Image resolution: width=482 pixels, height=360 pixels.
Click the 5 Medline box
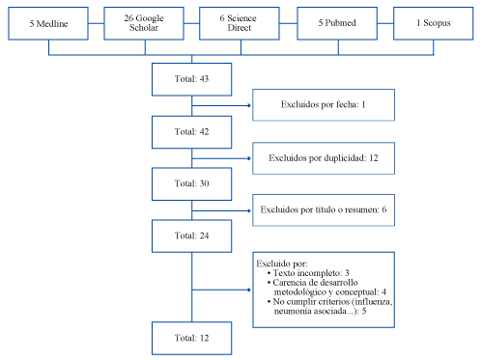[x=48, y=23]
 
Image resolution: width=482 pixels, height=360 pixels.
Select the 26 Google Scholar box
[x=144, y=23]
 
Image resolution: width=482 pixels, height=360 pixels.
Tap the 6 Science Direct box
[x=240, y=23]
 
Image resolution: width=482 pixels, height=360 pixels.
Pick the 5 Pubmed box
[x=337, y=23]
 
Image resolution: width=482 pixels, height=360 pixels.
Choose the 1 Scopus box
[x=434, y=23]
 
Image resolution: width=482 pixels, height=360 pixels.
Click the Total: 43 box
[x=191, y=79]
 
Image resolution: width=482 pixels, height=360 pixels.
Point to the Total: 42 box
[x=191, y=132]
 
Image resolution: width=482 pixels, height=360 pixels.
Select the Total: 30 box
[x=191, y=183]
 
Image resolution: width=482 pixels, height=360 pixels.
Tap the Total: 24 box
[x=191, y=235]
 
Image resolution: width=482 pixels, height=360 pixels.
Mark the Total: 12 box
[x=191, y=338]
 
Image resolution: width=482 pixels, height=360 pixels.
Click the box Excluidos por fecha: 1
[x=324, y=105]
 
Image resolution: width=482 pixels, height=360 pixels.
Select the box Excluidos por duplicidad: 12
[x=324, y=158]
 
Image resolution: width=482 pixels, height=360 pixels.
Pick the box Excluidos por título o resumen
[x=324, y=210]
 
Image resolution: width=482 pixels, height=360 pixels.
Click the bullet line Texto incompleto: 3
[x=308, y=273]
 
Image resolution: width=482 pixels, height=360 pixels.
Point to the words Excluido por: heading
[x=282, y=263]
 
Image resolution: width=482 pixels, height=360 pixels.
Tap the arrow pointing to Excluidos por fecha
[x=221, y=105]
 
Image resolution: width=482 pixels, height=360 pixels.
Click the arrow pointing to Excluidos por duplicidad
[x=221, y=158]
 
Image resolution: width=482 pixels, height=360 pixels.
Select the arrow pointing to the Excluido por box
[x=221, y=290]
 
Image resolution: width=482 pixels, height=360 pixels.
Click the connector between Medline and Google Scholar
[x=96, y=23]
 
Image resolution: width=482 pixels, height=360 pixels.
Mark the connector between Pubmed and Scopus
[x=385, y=23]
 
